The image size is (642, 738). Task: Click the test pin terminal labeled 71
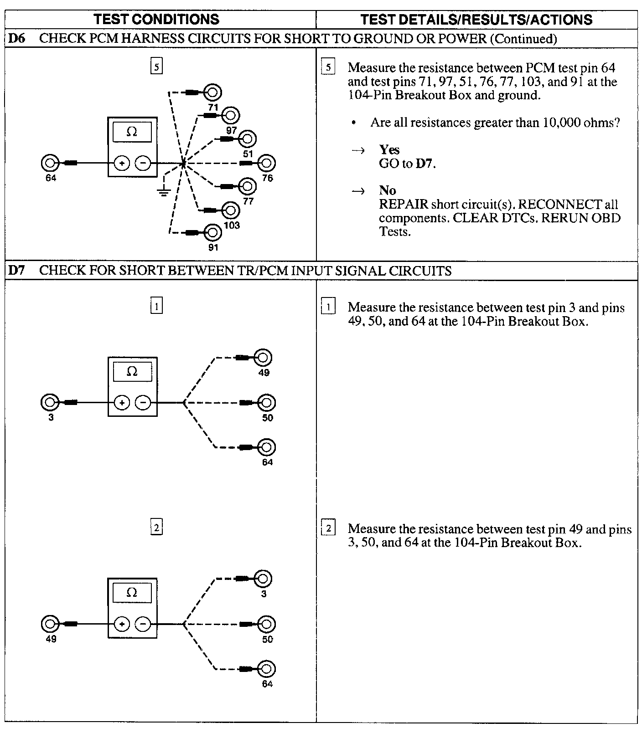point(212,93)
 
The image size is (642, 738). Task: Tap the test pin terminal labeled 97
point(231,116)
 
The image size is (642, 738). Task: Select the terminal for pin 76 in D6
point(267,163)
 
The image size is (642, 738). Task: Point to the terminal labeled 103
point(231,210)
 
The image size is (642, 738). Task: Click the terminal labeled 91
point(212,232)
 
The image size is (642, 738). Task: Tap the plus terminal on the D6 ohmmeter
point(122,163)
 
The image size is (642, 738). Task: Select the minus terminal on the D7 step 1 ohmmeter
point(143,403)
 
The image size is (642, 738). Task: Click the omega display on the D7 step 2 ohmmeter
point(132,593)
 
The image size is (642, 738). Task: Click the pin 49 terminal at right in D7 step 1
point(263,358)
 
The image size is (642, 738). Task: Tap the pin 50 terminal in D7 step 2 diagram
point(267,624)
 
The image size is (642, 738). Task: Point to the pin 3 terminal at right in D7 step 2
point(263,579)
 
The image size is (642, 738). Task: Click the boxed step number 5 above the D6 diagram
point(156,67)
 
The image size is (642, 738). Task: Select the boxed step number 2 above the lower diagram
point(156,528)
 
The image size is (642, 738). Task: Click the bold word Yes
point(389,150)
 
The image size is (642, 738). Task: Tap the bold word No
point(387,190)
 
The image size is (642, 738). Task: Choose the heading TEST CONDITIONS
point(156,19)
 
